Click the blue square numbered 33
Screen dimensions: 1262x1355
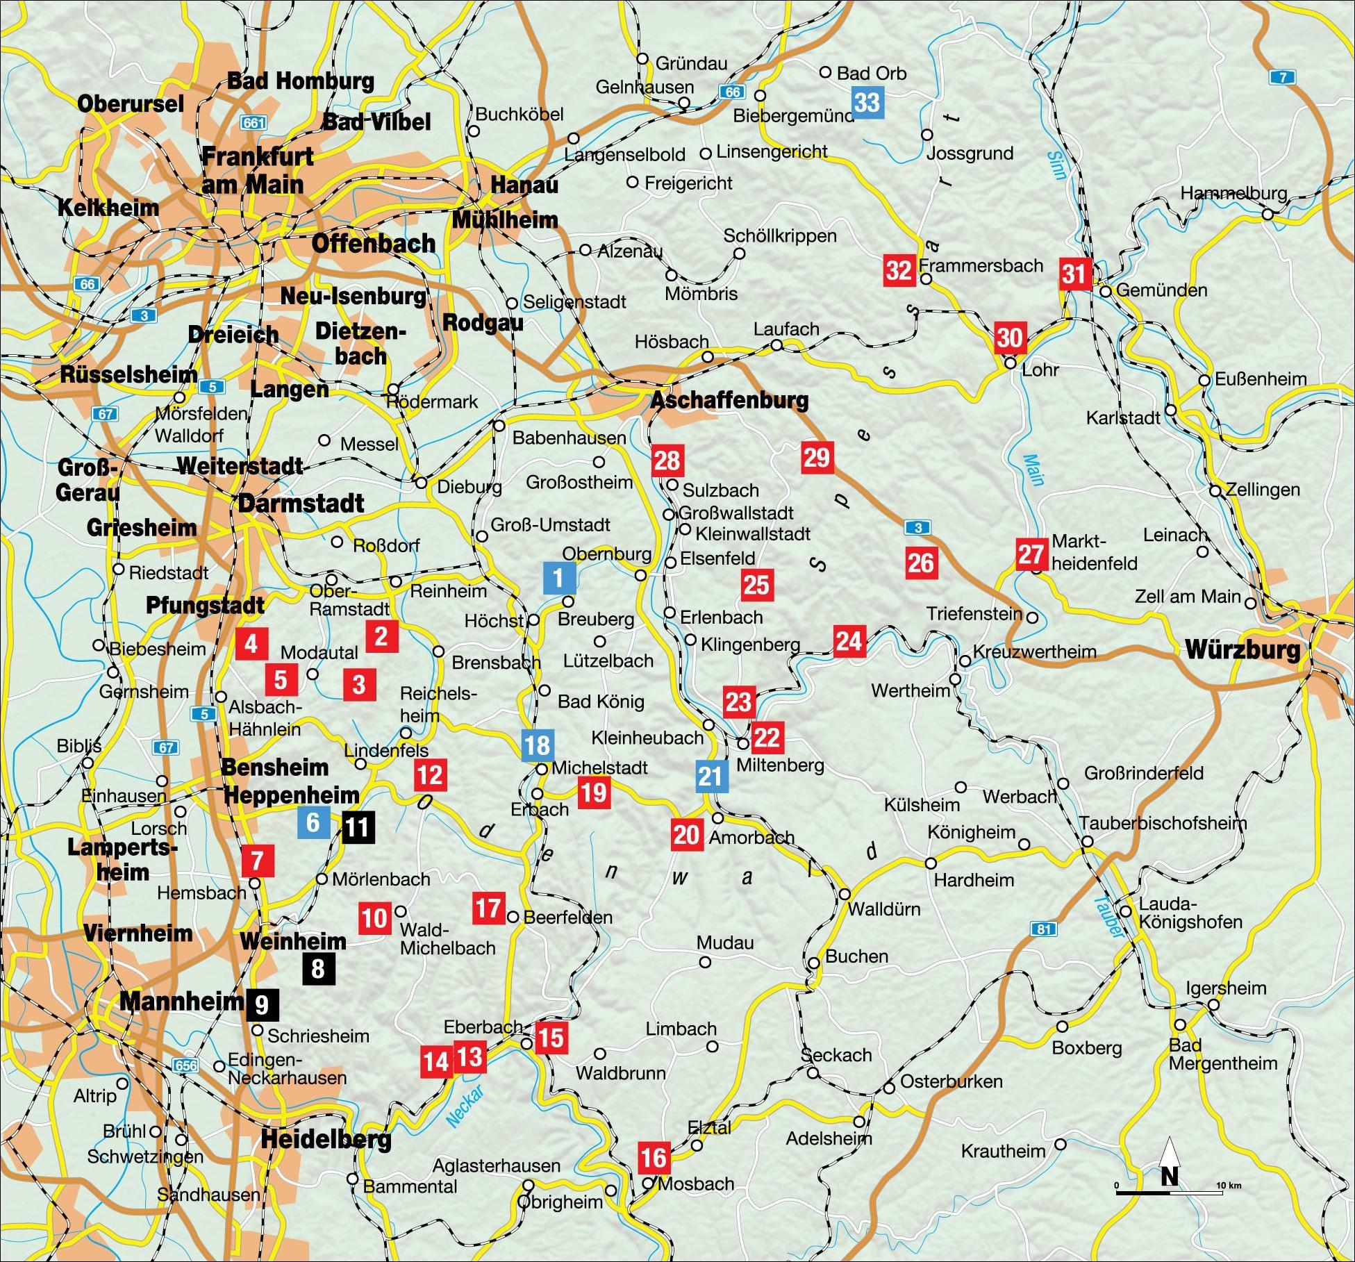pyautogui.click(x=867, y=102)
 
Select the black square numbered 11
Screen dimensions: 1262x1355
pyautogui.click(x=358, y=827)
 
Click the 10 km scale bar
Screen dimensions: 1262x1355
pyautogui.click(x=1170, y=1193)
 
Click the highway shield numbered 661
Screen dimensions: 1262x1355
pyautogui.click(x=253, y=123)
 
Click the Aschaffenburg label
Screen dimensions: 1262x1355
pyautogui.click(x=729, y=400)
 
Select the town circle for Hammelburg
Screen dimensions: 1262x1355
pyautogui.click(x=1267, y=215)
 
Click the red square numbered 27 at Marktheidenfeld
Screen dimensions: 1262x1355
pyautogui.click(x=1031, y=554)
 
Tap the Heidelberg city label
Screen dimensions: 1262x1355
pyautogui.click(x=326, y=1140)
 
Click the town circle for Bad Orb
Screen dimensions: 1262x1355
pyautogui.click(x=826, y=72)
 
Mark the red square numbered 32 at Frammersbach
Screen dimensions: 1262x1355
pyautogui.click(x=899, y=269)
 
